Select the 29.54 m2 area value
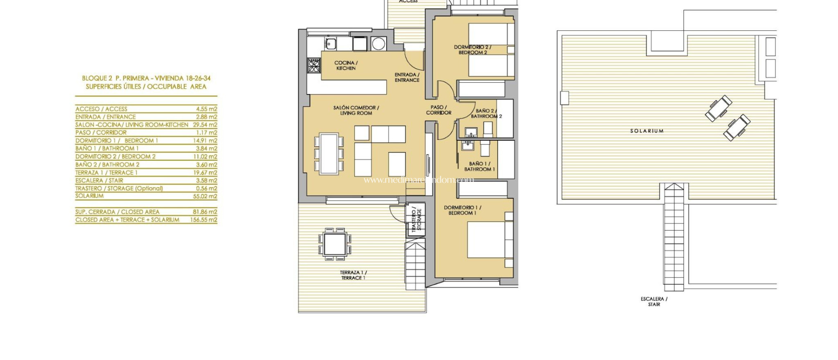click(x=205, y=125)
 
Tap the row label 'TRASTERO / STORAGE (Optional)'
click(x=119, y=189)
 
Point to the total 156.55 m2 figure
click(x=203, y=220)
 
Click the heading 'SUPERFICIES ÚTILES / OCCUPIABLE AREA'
click(x=146, y=87)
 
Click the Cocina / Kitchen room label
click(x=346, y=65)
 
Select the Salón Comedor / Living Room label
click(x=356, y=110)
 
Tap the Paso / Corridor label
click(x=439, y=110)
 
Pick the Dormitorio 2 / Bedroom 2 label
click(x=473, y=50)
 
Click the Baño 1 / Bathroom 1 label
click(x=479, y=166)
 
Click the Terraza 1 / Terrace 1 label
click(x=353, y=275)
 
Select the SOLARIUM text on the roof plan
click(x=647, y=131)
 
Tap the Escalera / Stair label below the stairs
click(x=654, y=301)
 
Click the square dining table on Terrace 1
click(x=335, y=244)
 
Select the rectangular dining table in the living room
click(x=329, y=153)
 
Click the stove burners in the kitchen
click(x=314, y=65)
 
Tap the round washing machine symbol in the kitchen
click(x=378, y=43)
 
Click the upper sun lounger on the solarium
click(x=719, y=108)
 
